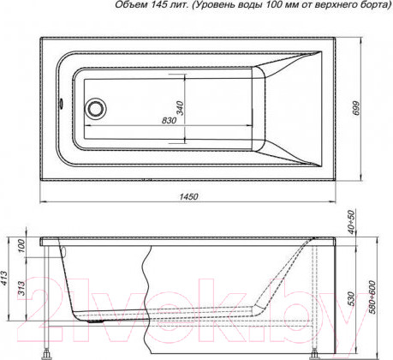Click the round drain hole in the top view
(95, 109)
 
